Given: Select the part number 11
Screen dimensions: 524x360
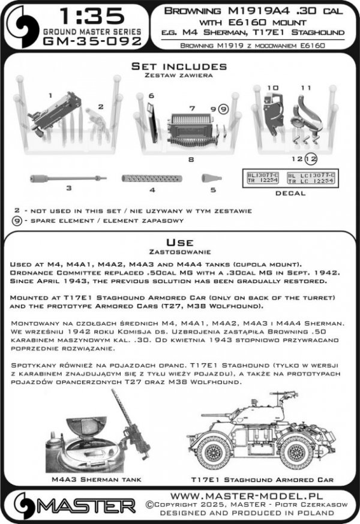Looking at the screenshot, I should (306, 88).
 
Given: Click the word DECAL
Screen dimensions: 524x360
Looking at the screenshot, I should (290, 194).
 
